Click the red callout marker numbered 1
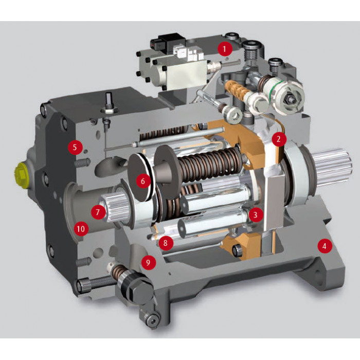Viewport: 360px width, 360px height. [x=225, y=49]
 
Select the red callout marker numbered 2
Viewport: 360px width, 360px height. [x=279, y=139]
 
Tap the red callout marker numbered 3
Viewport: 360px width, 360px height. [x=255, y=214]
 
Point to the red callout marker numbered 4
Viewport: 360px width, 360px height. [x=325, y=246]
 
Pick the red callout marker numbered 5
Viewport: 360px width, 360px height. [x=75, y=147]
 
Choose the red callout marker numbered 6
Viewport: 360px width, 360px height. [x=143, y=181]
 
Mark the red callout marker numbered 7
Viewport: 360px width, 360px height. [x=98, y=212]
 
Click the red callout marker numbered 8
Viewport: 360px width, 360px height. [x=166, y=243]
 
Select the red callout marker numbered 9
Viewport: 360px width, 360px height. [x=148, y=262]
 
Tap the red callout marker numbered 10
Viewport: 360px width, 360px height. [x=81, y=229]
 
